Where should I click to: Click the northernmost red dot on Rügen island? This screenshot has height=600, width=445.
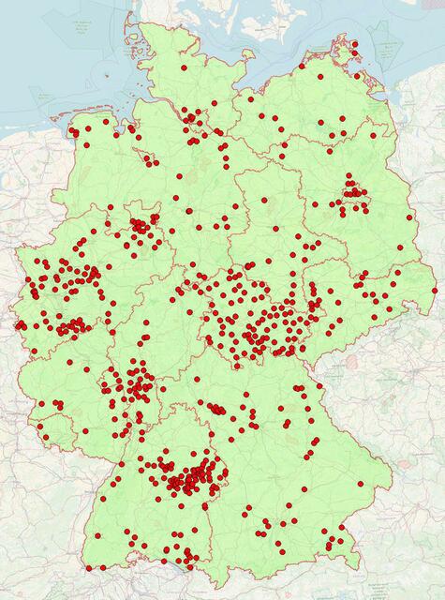click(355, 42)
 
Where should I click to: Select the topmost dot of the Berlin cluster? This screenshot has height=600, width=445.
click(349, 176)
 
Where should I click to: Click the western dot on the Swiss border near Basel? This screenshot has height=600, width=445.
click(89, 567)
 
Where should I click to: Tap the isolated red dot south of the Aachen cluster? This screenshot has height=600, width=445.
click(34, 352)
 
